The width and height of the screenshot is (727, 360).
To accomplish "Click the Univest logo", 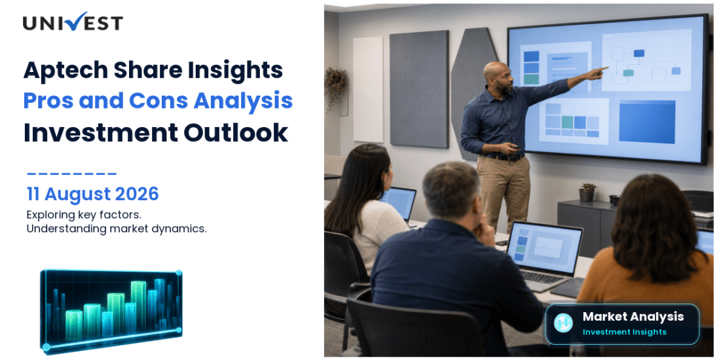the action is (x=73, y=22).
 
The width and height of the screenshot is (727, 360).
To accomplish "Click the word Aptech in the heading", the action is (x=65, y=70).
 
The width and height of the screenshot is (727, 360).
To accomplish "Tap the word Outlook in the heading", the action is (x=236, y=132).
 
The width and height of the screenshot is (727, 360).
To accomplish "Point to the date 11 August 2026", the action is (x=93, y=194).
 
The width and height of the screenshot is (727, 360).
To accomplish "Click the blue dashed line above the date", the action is (x=71, y=174).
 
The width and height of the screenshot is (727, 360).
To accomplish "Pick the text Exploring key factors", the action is (x=84, y=215).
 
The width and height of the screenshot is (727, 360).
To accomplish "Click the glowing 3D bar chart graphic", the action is (x=111, y=310).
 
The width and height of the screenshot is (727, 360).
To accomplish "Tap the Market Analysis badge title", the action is (x=633, y=316).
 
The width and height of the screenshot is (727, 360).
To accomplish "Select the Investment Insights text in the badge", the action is (x=625, y=332).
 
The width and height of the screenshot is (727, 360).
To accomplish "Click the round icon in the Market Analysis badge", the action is (x=563, y=323).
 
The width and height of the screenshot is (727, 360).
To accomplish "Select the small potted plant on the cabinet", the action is (x=587, y=192).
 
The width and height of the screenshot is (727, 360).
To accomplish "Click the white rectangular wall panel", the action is (x=368, y=90).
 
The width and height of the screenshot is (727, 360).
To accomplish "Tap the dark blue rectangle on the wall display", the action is (x=647, y=122).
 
